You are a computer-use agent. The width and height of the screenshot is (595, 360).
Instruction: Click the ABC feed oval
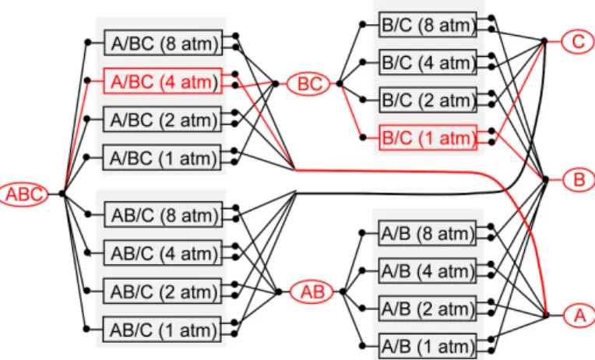point(23,195)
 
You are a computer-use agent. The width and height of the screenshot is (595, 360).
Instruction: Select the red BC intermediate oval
point(309,83)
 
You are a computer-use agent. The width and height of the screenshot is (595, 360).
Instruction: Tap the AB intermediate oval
point(312,291)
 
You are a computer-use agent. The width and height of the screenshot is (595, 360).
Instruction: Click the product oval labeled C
point(578,41)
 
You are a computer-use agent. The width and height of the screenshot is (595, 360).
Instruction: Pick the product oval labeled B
point(579,179)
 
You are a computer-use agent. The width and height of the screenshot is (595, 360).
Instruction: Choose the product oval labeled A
point(579,315)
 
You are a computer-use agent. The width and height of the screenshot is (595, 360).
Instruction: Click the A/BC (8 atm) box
point(164,43)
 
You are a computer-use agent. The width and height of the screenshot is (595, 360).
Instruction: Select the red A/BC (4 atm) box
point(163,81)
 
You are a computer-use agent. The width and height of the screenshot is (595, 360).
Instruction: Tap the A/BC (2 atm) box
point(162,119)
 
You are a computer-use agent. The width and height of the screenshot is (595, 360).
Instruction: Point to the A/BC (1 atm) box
point(162,157)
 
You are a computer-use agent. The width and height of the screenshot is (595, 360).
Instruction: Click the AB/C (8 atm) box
point(164,214)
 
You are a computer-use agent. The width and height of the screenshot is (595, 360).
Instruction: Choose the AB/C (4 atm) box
point(163,252)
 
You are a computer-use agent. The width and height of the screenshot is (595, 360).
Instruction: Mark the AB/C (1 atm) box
point(162,330)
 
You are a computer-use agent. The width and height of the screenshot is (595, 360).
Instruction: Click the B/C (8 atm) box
point(428,25)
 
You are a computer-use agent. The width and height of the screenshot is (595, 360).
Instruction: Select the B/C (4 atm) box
point(428,62)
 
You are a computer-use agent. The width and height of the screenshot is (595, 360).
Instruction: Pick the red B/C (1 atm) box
point(428,137)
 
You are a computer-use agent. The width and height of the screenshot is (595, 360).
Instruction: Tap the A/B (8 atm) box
point(427,233)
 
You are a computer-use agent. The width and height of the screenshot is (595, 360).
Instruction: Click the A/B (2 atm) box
point(427,308)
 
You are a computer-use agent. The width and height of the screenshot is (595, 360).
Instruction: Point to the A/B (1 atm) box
point(428,346)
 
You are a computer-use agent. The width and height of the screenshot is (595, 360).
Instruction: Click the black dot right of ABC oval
point(62,194)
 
